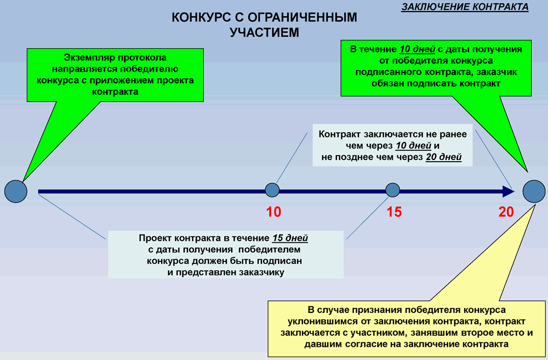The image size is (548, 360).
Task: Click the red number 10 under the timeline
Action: click(273, 212)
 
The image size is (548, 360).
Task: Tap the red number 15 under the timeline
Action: click(394, 212)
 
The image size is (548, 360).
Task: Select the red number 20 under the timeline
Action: click(506, 212)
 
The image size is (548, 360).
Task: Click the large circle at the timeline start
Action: click(16, 192)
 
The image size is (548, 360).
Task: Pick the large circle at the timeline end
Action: click(534, 192)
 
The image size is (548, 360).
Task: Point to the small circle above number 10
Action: click(272, 190)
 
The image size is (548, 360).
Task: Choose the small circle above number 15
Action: click(392, 190)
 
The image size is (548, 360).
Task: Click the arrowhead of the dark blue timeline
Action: click(509, 192)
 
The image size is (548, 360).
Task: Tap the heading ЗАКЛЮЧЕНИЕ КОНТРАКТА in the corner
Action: click(465, 7)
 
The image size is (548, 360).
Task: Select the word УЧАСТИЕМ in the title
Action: click(264, 32)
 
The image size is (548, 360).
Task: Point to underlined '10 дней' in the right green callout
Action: click(417, 49)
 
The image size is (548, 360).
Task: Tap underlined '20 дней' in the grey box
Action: click(443, 157)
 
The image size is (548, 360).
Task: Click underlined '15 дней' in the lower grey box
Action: click(290, 238)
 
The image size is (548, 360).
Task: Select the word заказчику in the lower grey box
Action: click(260, 273)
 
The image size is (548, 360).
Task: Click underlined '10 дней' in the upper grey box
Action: click(413, 146)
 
